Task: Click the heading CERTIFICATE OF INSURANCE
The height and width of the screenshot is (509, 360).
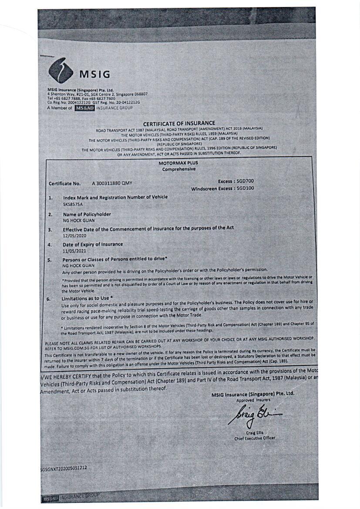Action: click(x=179, y=123)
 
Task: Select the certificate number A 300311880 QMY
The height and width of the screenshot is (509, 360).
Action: click(x=111, y=183)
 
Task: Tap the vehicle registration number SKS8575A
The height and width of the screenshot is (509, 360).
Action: click(x=73, y=203)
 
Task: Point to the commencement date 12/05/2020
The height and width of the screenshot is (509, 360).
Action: click(x=74, y=235)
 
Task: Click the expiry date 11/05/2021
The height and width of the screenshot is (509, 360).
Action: click(x=74, y=251)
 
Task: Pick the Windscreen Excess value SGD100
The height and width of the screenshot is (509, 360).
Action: click(x=245, y=188)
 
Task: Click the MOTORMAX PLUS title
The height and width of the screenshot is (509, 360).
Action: click(x=178, y=163)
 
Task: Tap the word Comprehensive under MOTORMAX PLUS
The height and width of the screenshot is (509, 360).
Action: click(x=179, y=169)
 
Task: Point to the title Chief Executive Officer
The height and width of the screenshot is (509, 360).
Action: click(x=255, y=438)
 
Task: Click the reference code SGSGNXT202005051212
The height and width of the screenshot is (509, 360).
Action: click(x=64, y=468)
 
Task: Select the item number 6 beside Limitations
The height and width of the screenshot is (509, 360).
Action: click(x=49, y=299)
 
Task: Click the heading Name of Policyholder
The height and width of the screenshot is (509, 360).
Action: click(x=87, y=214)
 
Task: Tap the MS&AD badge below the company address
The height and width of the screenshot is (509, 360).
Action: click(x=84, y=108)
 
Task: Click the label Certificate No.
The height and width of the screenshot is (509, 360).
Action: click(x=65, y=184)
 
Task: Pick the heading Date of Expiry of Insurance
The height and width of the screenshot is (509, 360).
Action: click(x=92, y=244)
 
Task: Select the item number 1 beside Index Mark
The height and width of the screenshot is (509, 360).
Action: click(x=50, y=198)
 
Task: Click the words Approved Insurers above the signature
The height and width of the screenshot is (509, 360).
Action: click(x=253, y=400)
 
